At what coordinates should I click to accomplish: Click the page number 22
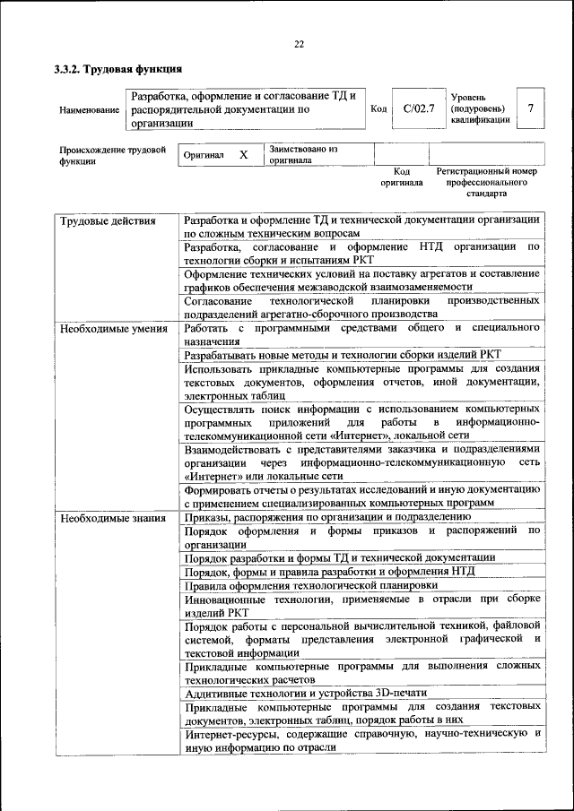tap(300, 44)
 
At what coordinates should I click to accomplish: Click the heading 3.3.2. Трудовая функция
tap(117, 68)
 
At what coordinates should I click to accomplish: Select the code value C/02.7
tap(418, 109)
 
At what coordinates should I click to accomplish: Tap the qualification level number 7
tap(530, 109)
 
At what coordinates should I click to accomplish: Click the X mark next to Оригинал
tap(243, 155)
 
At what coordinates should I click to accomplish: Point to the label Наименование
tap(89, 110)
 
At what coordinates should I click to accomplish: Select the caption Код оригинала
tap(401, 177)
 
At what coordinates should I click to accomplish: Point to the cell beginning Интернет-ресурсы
tap(361, 740)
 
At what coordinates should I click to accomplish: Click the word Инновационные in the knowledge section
tap(226, 599)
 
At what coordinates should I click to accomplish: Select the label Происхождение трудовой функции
tap(113, 155)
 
